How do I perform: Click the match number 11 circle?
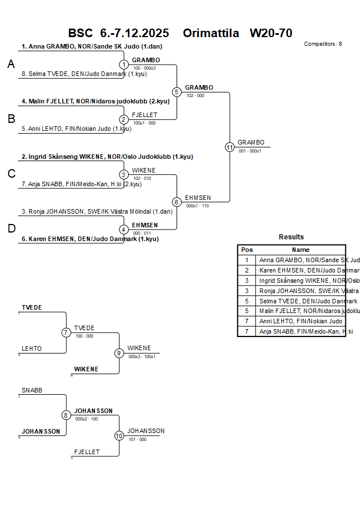coord(230,147)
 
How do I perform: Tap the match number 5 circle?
coord(177,92)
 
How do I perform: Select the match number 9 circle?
coord(119,353)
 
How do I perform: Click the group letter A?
coord(11,65)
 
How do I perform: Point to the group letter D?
coord(11,229)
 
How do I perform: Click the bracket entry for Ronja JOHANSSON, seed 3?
coord(97,211)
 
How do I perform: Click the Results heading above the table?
coord(291,237)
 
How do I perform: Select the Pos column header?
coord(247,250)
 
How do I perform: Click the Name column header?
coord(301,250)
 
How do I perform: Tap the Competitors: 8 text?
coord(323,43)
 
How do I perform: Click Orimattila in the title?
coord(211,33)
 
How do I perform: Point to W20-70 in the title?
coord(271,33)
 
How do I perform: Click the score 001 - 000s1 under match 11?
coord(250,151)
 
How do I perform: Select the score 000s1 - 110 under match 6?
coord(197,206)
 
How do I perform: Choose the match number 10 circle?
coord(119,435)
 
